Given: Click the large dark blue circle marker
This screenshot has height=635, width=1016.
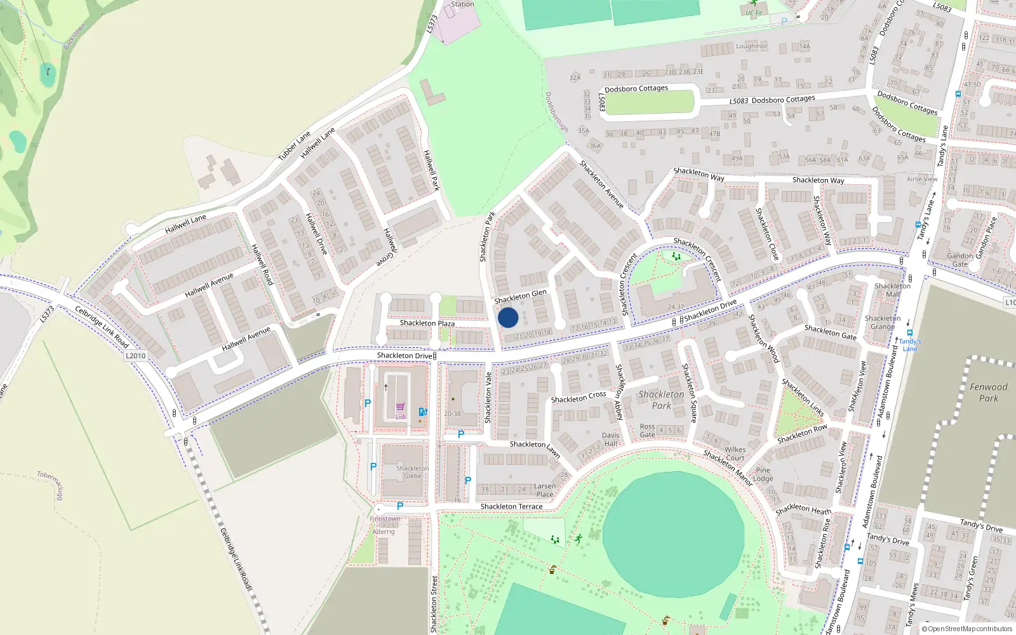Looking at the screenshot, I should coord(508,317).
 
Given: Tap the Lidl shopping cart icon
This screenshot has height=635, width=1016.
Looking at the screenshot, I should coord(400,407).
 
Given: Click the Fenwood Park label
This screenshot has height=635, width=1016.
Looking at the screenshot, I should coord(988,392).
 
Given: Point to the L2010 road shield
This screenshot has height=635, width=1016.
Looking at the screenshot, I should coord(135,356).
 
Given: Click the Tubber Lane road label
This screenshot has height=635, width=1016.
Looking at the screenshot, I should coord(294,146).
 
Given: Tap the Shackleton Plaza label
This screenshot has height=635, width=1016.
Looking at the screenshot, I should coord(427,323).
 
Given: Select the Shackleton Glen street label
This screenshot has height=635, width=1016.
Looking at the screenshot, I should coord(520,297).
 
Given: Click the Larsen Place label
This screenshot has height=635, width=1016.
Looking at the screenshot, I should coord(544,490).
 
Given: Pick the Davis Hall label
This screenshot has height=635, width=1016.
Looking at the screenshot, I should coord(610,439).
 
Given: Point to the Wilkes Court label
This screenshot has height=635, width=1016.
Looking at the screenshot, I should coord(735,453).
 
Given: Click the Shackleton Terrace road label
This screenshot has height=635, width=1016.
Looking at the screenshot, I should coord(511,507).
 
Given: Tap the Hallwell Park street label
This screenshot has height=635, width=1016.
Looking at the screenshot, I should coord(431,170).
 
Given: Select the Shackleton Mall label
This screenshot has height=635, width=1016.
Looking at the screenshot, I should coord(892,290).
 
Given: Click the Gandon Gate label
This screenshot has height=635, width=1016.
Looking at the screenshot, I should coord(959,260).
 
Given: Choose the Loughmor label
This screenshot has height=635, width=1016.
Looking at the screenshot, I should coord(751,46).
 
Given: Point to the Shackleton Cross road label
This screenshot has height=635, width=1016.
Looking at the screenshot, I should coord(578,398).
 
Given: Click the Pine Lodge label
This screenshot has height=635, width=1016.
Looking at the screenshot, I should coord(763,474).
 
